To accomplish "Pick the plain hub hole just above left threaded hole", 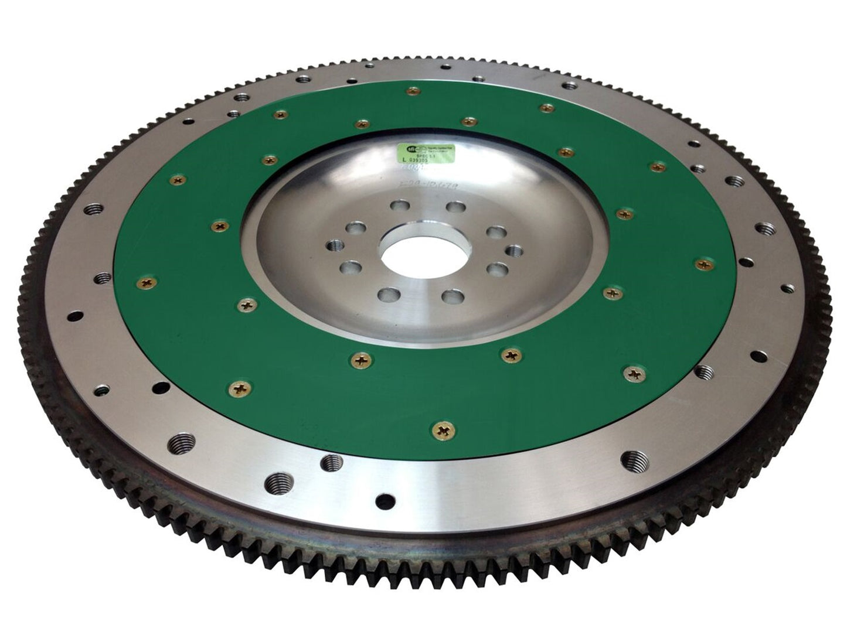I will click(x=355, y=228).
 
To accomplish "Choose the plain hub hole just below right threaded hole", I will click(x=497, y=269).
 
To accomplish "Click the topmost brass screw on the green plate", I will click(x=414, y=90).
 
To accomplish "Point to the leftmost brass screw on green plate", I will click(x=144, y=284).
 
